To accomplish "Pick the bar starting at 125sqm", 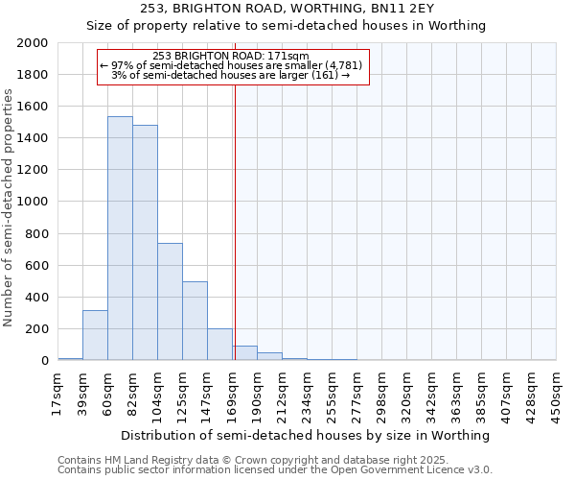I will (x=195, y=321).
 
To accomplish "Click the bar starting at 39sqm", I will (x=95, y=335).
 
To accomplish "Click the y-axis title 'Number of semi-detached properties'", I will (x=10, y=207).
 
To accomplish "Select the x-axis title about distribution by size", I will (x=307, y=435).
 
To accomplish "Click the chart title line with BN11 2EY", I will (x=287, y=9).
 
